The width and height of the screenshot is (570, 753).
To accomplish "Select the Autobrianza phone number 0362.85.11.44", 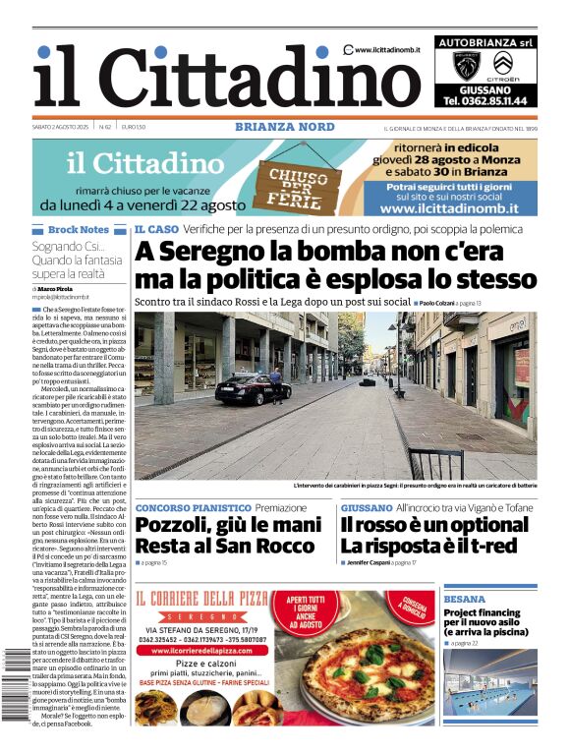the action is click(x=484, y=100).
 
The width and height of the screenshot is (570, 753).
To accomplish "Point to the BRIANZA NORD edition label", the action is click(x=285, y=127).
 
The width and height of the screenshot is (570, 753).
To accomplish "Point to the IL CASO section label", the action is click(x=156, y=230).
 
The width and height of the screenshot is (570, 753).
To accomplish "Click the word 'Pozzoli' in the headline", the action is click(x=177, y=527).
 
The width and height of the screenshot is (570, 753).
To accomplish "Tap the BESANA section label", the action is click(x=465, y=598).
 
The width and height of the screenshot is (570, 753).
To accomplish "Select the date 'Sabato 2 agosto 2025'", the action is click(x=61, y=127).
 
